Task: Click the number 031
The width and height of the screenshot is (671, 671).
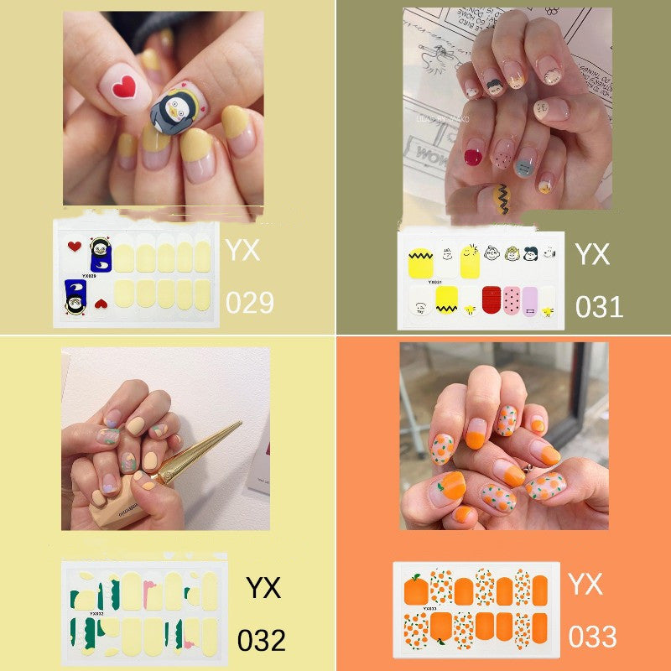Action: point(599,306)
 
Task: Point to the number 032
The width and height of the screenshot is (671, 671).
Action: point(261,640)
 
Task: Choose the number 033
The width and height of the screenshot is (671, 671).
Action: point(593,637)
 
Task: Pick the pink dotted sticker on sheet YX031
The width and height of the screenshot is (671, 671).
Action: point(511,299)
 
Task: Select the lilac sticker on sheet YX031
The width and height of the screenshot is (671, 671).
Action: point(529,299)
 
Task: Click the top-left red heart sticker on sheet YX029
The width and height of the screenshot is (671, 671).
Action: point(74,246)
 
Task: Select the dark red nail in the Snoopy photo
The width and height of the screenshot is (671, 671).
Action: point(475,155)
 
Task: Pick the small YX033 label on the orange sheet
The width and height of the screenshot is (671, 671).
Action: point(429,608)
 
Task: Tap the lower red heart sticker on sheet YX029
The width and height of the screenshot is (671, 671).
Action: point(101,303)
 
